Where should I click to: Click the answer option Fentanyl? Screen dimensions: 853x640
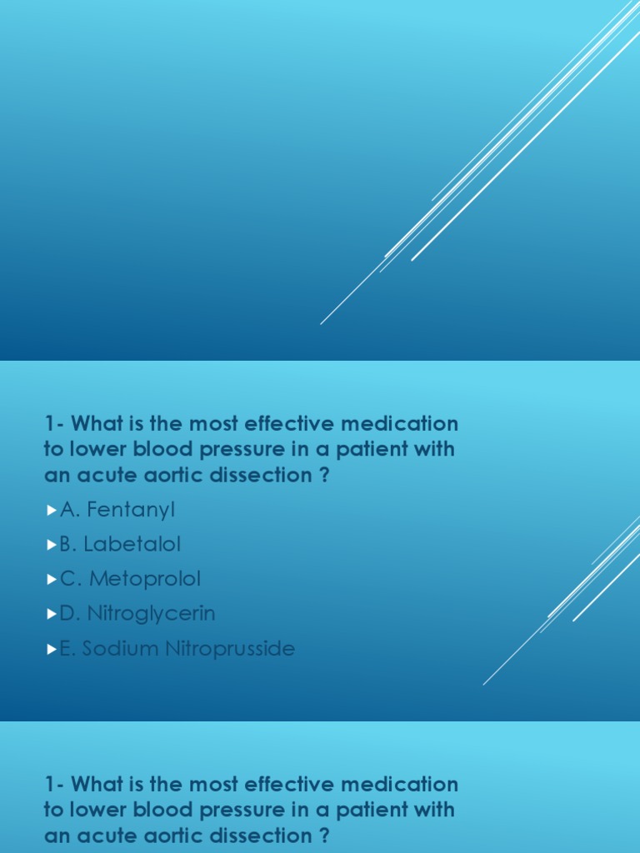click(x=117, y=509)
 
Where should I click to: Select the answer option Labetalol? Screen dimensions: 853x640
click(x=120, y=544)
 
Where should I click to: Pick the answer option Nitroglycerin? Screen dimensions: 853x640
click(x=137, y=613)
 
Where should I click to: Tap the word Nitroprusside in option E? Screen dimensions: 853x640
click(x=231, y=648)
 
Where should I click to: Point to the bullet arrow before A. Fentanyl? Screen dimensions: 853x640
click(x=52, y=510)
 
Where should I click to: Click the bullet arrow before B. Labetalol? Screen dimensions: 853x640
click(x=52, y=545)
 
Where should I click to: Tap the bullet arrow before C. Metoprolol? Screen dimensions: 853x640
click(x=52, y=579)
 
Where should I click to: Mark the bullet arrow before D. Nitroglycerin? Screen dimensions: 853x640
click(x=52, y=614)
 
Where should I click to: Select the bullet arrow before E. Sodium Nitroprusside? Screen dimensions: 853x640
click(x=52, y=649)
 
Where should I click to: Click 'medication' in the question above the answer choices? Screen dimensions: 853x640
click(x=407, y=424)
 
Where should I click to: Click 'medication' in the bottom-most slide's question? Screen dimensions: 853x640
click(x=407, y=784)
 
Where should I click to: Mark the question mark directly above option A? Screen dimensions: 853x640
click(x=325, y=475)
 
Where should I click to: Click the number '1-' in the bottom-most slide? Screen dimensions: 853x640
click(x=54, y=784)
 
